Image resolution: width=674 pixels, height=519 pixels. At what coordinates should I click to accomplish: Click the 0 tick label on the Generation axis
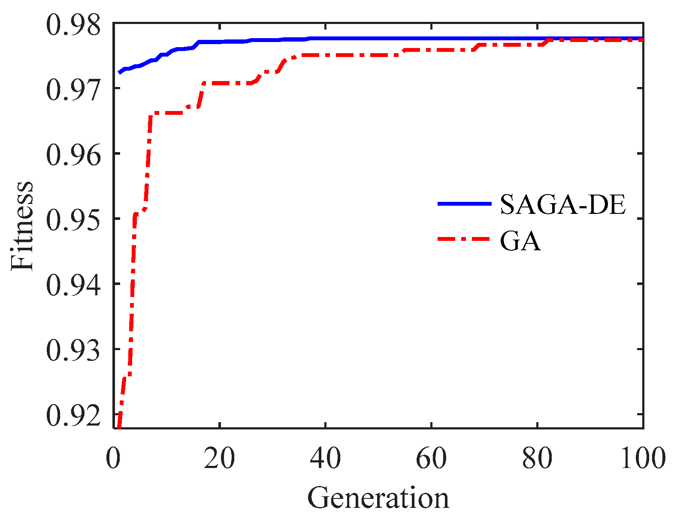pyautogui.click(x=113, y=458)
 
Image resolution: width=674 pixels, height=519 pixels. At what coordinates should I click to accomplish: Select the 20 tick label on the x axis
pyautogui.click(x=219, y=458)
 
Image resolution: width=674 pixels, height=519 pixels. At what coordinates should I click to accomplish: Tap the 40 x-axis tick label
pyautogui.click(x=325, y=458)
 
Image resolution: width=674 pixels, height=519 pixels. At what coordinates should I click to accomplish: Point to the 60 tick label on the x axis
pyautogui.click(x=431, y=458)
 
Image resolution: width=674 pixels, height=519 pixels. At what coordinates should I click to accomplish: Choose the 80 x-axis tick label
pyautogui.click(x=537, y=458)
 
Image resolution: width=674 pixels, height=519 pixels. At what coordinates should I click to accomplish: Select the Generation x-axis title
pyautogui.click(x=378, y=498)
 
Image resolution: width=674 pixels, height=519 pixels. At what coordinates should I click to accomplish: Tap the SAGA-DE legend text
pyautogui.click(x=562, y=204)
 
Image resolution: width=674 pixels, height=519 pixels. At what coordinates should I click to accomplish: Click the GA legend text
pyautogui.click(x=520, y=241)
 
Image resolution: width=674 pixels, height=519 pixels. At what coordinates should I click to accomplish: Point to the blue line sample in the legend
pyautogui.click(x=464, y=204)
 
